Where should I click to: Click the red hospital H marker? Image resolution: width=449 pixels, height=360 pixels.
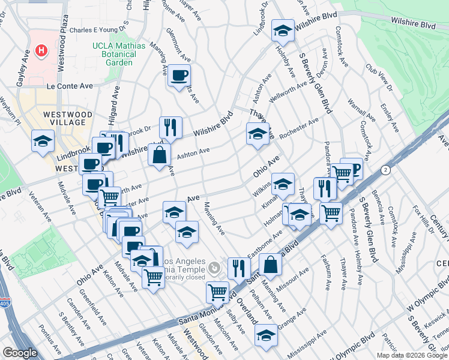pyautogui.click(x=41, y=50)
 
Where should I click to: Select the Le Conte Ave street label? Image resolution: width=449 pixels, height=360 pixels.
pyautogui.click(x=71, y=86)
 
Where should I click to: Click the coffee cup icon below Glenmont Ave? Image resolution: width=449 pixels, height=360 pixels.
pyautogui.click(x=179, y=76)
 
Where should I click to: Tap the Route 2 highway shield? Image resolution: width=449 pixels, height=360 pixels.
pyautogui.click(x=385, y=170)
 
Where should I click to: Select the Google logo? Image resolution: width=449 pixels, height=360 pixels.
pyautogui.click(x=20, y=353)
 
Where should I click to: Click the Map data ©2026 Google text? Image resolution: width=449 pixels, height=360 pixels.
pyautogui.click(x=412, y=355)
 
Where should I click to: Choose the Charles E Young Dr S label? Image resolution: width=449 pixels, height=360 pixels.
pyautogui.click(x=100, y=29)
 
